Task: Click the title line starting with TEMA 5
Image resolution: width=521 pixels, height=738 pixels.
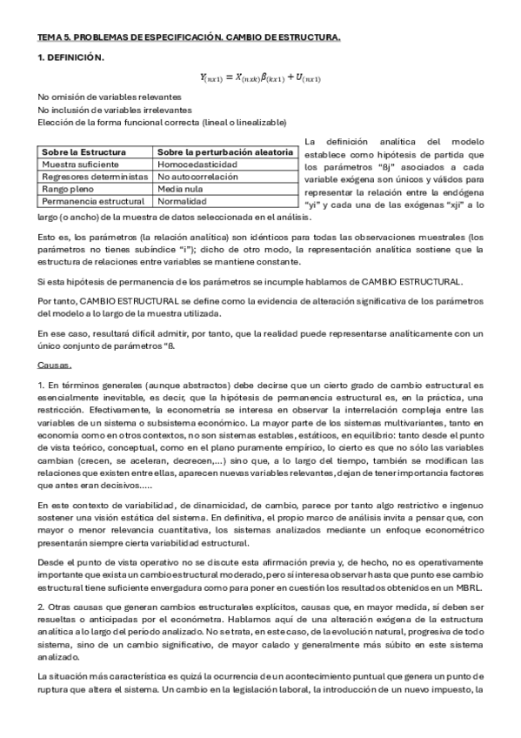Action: (x=189, y=38)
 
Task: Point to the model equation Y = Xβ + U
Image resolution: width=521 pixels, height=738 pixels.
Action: (x=260, y=78)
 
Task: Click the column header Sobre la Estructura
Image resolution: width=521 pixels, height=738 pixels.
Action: (x=83, y=152)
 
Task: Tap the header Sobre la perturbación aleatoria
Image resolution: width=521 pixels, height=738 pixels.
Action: (x=224, y=152)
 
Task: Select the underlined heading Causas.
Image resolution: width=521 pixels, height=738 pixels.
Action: (x=55, y=365)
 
